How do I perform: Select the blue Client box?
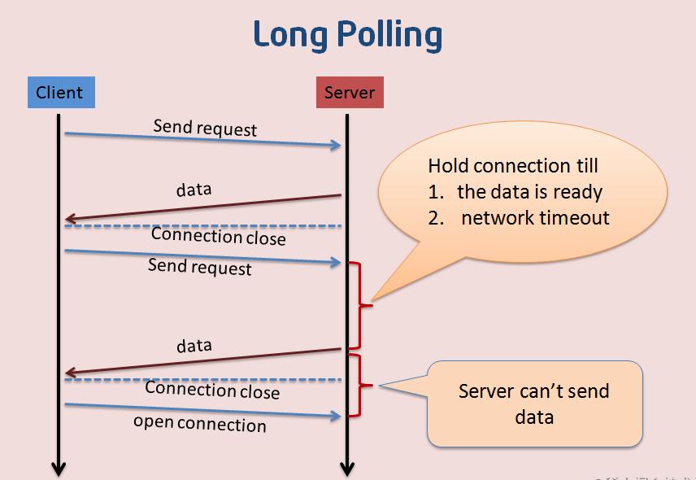(60, 92)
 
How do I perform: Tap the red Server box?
(350, 92)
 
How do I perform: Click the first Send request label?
(205, 128)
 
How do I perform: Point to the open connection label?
(200, 423)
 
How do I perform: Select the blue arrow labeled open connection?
(202, 410)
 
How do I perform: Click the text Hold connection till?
(513, 166)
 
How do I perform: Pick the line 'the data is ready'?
(529, 192)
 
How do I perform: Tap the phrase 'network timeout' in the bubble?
(535, 217)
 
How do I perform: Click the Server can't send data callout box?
(535, 404)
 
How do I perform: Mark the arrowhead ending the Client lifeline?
(59, 469)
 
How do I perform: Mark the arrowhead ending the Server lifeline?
(347, 469)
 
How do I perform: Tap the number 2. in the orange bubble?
(436, 217)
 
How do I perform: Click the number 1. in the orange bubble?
(435, 192)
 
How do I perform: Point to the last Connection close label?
(212, 391)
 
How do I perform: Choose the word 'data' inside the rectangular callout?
(534, 417)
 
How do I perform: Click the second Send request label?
(200, 266)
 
